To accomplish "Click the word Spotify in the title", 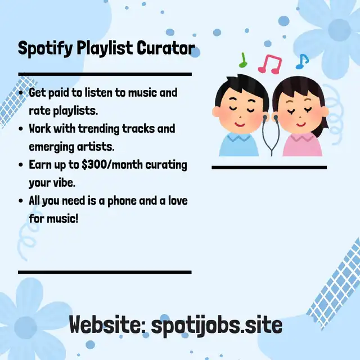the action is (45, 49).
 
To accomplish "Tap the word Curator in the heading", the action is (166, 48).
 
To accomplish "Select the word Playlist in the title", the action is (105, 49).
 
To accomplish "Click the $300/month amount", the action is (112, 165).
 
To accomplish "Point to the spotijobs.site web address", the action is (217, 325).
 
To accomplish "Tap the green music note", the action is (242, 60).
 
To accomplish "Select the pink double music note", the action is (270, 64).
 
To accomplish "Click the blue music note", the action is (302, 61).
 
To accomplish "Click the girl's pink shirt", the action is (302, 145).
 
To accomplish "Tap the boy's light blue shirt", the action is (238, 145).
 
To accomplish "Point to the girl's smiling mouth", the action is (300, 125).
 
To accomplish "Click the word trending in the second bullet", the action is (99, 129).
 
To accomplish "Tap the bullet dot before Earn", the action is (21, 165).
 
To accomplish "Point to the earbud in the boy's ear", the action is (265, 118).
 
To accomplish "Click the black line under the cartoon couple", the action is (269, 168).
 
